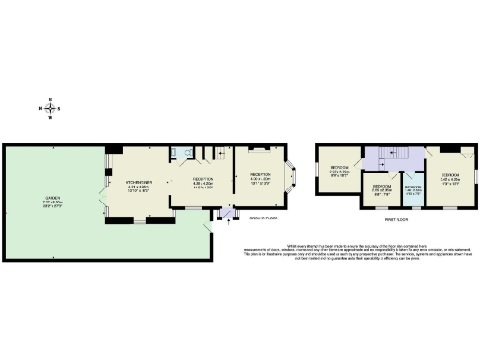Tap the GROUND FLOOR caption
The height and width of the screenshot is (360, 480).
[263, 218]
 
